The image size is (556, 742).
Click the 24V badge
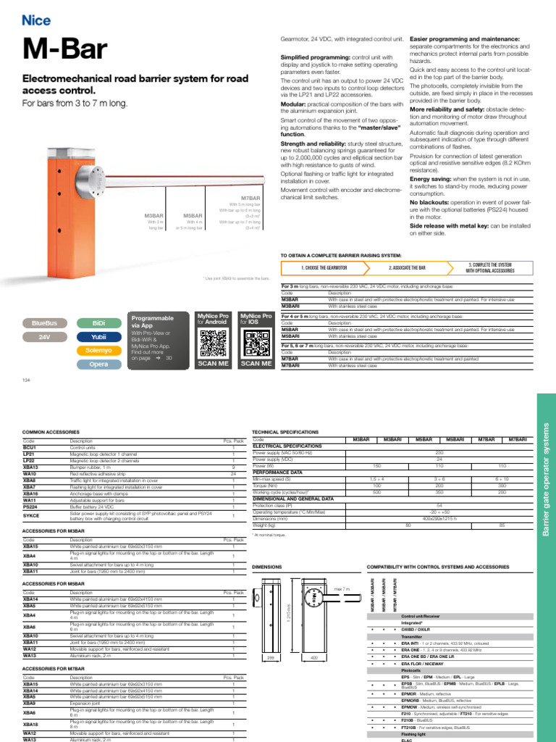(44, 337)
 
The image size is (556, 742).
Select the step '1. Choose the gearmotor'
(322, 267)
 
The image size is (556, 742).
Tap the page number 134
(27, 380)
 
